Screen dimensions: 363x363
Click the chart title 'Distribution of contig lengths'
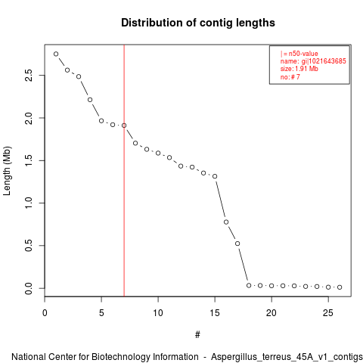tap(198, 23)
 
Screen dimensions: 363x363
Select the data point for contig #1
tap(56, 54)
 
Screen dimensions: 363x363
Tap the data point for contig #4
tap(90, 100)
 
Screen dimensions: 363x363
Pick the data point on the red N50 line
tap(124, 126)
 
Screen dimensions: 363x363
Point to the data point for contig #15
tap(215, 176)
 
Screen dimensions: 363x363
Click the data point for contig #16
tap(226, 222)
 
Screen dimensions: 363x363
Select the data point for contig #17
tap(237, 244)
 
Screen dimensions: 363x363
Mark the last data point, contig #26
tap(340, 287)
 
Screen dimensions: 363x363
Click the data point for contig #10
tap(158, 153)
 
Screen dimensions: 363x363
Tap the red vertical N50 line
tap(124, 170)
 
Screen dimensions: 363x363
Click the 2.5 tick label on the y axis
tap(29, 75)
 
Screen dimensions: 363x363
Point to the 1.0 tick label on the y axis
tap(29, 203)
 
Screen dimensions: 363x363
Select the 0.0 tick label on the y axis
tap(29, 288)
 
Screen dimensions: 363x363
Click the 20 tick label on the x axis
tap(271, 313)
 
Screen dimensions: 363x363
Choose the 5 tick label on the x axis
tap(101, 313)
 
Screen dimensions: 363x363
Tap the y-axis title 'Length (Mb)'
tap(7, 171)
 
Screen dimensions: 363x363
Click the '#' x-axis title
tap(197, 335)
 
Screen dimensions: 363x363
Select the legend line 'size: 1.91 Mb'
tap(299, 69)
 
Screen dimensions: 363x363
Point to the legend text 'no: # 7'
tap(290, 76)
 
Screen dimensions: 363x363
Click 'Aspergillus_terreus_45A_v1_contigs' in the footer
tap(287, 357)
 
